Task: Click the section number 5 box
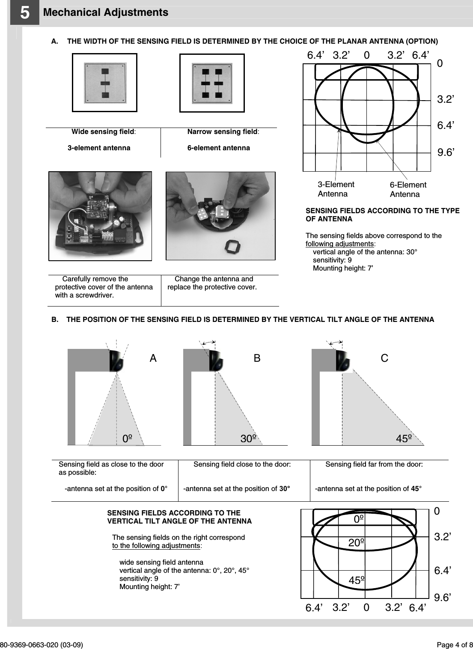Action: tap(25, 13)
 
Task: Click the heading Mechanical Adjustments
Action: tap(106, 12)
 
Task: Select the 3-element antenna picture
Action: tap(104, 83)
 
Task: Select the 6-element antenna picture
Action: tap(212, 83)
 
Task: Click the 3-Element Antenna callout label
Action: tap(336, 189)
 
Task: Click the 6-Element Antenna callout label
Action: tap(408, 190)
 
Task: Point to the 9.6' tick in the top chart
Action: tap(445, 152)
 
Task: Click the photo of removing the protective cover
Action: tap(100, 216)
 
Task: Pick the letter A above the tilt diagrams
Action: tap(153, 359)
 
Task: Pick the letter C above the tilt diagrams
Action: tap(384, 358)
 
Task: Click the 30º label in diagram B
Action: tap(248, 439)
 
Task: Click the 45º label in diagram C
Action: tap(404, 439)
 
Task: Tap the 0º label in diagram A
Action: tap(127, 439)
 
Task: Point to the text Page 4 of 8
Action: tap(454, 645)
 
